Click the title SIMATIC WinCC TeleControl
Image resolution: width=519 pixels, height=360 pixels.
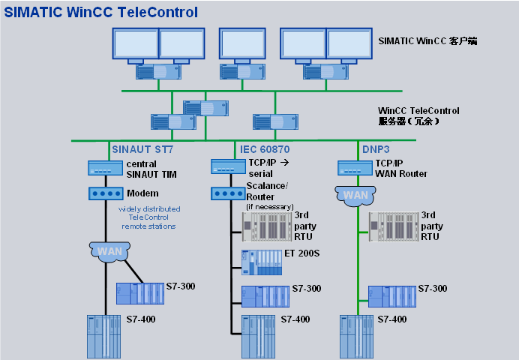[101, 12]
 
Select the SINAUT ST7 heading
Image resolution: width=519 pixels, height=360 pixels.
[142, 148]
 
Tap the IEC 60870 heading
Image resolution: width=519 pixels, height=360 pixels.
[265, 148]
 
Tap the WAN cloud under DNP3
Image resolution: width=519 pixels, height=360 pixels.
[355, 196]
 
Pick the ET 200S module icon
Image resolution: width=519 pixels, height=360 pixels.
[260, 260]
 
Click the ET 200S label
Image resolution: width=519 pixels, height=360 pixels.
[301, 253]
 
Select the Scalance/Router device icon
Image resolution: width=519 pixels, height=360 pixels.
[229, 193]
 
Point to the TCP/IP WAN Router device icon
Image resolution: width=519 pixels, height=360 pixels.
[355, 168]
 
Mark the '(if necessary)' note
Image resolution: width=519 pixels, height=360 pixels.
[270, 206]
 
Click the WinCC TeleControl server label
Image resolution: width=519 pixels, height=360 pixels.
[418, 115]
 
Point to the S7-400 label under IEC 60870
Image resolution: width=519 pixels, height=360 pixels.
[295, 319]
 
